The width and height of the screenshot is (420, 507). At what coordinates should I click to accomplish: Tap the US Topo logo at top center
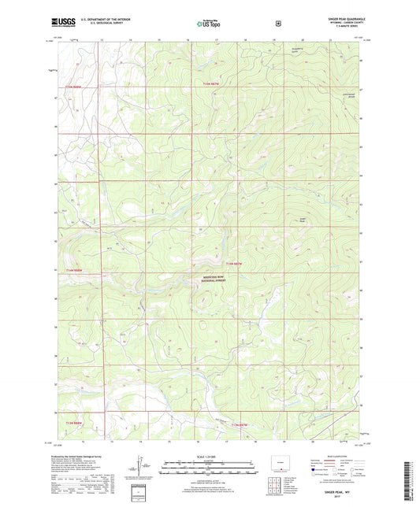click(209, 24)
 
